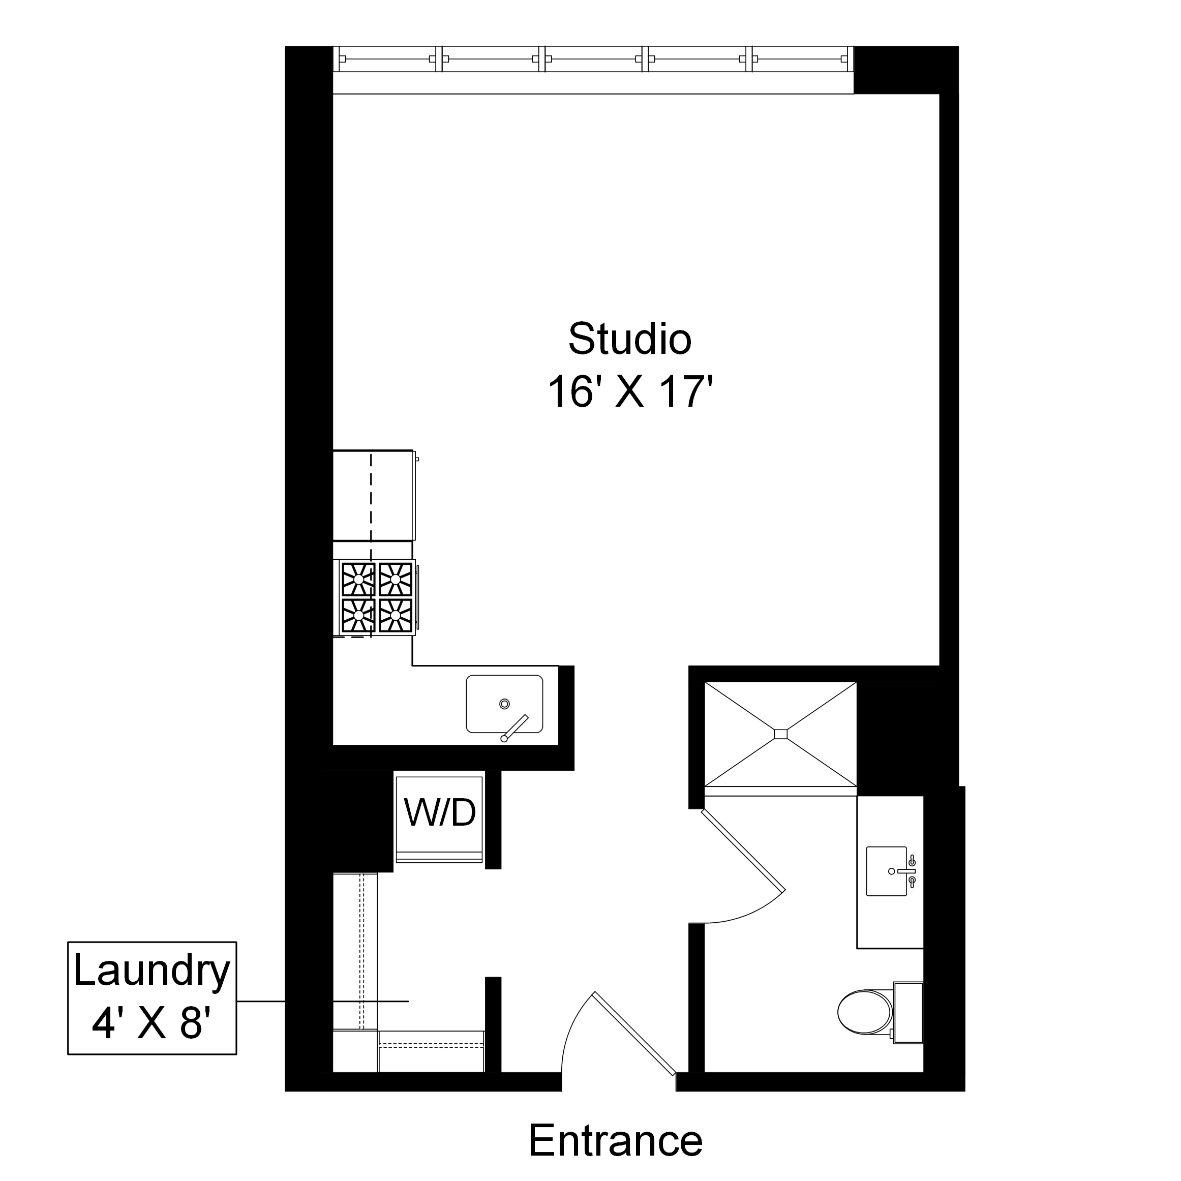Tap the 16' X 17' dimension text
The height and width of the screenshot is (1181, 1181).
630,392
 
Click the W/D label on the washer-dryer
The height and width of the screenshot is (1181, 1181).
440,813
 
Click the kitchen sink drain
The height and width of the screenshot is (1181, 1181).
504,704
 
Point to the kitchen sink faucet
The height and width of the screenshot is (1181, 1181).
514,728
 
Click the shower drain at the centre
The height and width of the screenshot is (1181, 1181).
780,734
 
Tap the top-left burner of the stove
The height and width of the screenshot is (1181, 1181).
358,579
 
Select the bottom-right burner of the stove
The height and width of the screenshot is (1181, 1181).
396,615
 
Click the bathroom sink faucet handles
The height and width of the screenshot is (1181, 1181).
912,871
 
